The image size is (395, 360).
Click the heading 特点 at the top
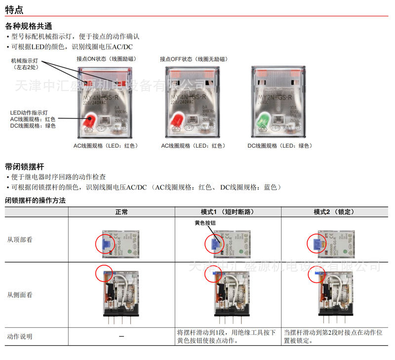pyautogui.click(x=14, y=10)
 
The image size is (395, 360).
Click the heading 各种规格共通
pyautogui.click(x=28, y=26)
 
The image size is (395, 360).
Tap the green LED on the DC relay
pyautogui.click(x=263, y=120)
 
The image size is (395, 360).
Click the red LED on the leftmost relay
pyautogui.click(x=90, y=120)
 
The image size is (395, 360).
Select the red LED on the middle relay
pyautogui.click(x=178, y=120)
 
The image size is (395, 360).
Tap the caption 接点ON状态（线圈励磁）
pyautogui.click(x=107, y=59)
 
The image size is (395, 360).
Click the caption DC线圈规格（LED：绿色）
pyautogui.click(x=280, y=146)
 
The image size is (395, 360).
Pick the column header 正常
pyautogui.click(x=121, y=212)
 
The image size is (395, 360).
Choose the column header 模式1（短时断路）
pyautogui.click(x=228, y=212)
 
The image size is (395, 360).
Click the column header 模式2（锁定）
pyautogui.click(x=334, y=212)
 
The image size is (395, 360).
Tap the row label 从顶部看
pyautogui.click(x=20, y=240)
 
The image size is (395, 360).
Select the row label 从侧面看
pyautogui.click(x=20, y=295)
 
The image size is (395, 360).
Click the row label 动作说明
pyautogui.click(x=20, y=336)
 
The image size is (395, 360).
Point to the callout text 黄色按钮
pyautogui.click(x=205, y=223)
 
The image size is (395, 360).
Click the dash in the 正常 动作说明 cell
pyautogui.click(x=121, y=336)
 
